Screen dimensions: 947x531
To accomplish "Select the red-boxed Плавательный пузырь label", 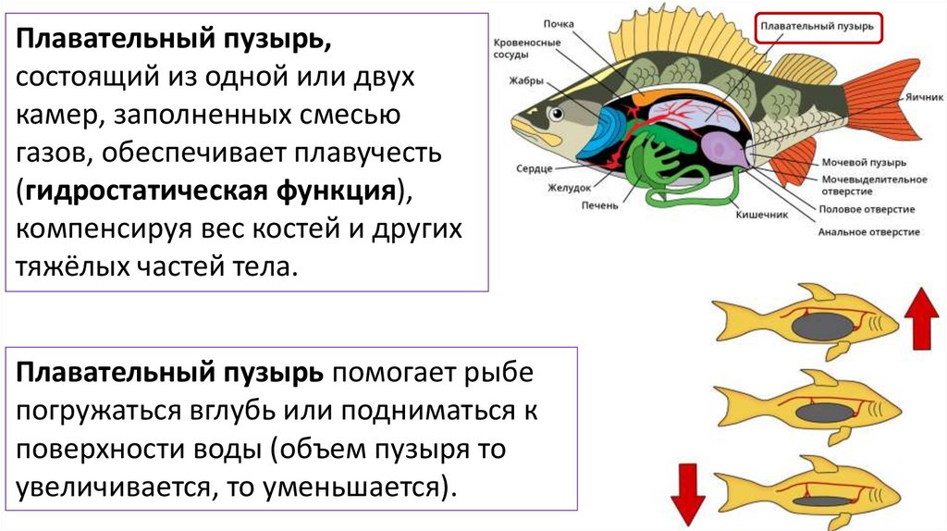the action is (818, 27).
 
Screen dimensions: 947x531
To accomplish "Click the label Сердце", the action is (535, 169).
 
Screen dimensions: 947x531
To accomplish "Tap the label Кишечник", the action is (761, 215).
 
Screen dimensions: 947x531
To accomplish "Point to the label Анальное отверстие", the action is (868, 231).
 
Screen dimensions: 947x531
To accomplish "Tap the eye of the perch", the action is (557, 113).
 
